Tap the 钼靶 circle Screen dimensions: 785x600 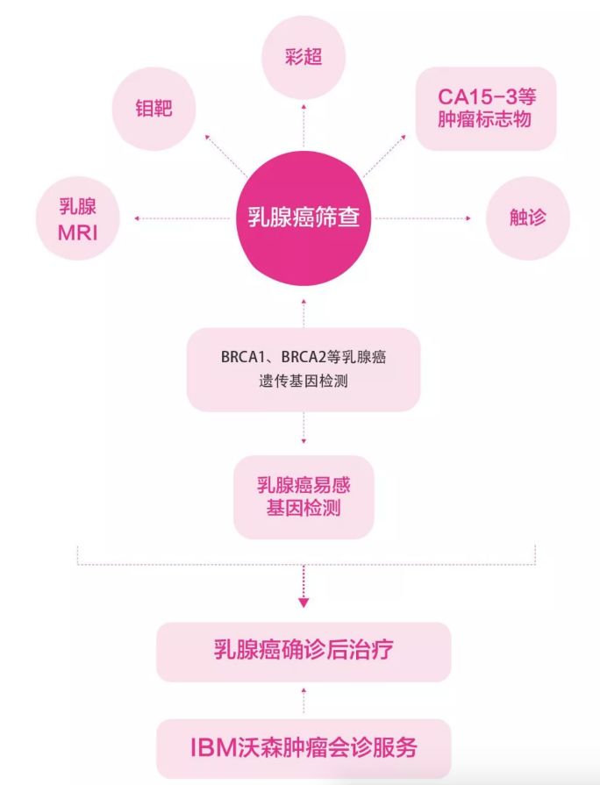pos(154,108)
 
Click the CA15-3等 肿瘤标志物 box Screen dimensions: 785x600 pos(485,108)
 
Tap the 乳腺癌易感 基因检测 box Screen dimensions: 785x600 pos(304,496)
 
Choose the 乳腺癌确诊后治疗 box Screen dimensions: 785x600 pos(304,651)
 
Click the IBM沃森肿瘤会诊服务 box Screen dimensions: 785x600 pos(304,748)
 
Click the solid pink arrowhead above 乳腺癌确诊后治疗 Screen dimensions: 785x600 pos(304,603)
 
